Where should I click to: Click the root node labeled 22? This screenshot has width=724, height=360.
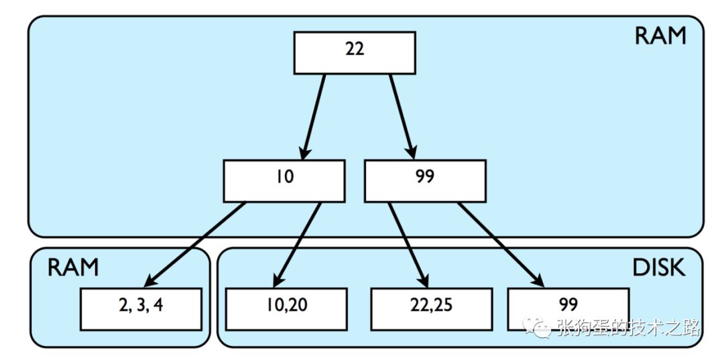click(355, 52)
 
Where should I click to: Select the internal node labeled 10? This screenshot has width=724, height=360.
click(284, 181)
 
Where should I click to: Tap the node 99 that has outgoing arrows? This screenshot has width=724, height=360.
click(425, 181)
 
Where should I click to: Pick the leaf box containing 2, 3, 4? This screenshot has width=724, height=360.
click(141, 309)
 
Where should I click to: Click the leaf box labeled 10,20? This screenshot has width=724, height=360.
click(286, 309)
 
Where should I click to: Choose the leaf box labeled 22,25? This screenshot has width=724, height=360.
click(431, 309)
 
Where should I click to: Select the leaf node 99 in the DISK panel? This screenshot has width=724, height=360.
click(568, 309)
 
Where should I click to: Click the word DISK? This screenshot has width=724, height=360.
click(658, 267)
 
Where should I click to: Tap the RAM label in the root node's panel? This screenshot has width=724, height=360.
click(660, 36)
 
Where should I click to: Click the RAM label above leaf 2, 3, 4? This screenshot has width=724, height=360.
click(73, 267)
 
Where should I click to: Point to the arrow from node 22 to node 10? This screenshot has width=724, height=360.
click(313, 117)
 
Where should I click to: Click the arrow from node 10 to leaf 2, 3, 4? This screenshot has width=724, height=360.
click(194, 245)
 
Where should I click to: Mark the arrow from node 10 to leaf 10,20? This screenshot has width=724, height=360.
click(297, 245)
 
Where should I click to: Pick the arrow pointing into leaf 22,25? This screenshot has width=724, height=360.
click(408, 245)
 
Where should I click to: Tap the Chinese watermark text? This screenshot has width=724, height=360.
click(628, 328)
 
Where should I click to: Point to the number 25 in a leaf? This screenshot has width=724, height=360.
click(444, 306)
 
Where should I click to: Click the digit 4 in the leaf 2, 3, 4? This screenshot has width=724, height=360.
click(158, 306)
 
